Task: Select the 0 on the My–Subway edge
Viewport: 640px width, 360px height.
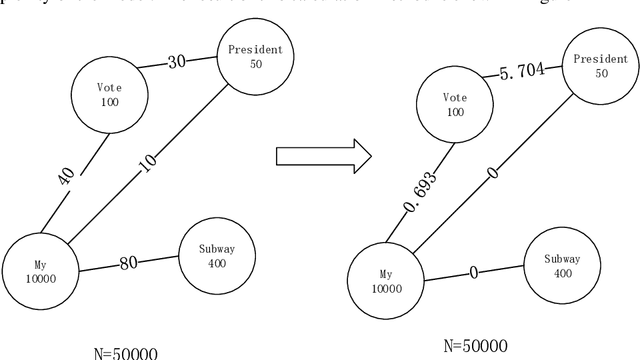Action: pyautogui.click(x=472, y=270)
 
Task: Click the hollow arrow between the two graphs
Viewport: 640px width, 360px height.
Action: pyautogui.click(x=322, y=155)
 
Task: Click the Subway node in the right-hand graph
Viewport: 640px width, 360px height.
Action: pyautogui.click(x=562, y=264)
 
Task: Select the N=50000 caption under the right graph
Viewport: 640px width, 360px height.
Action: pyautogui.click(x=474, y=346)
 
